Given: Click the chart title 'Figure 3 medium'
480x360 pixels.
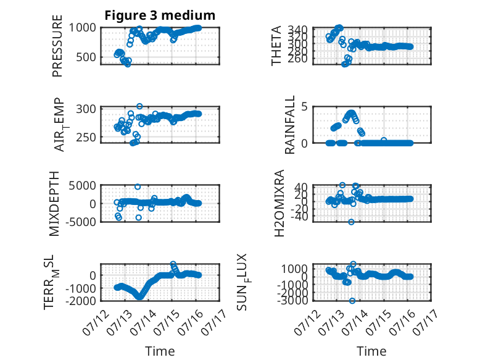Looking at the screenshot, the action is [160, 15].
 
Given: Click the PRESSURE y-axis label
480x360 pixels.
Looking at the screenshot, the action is [57, 46].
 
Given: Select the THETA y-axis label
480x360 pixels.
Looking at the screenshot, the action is [276, 46].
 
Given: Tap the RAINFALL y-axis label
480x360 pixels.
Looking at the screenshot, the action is [290, 125].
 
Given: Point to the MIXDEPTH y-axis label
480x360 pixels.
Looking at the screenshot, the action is [54, 204].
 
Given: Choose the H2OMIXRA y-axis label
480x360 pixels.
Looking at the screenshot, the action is [279, 203].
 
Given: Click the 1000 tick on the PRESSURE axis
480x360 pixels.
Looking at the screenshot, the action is [82, 28].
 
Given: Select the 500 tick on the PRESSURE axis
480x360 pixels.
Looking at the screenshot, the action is [86, 57].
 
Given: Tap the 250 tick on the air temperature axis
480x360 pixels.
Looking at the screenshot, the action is [86, 138].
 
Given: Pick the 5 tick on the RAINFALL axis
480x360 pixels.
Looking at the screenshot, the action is [305, 107].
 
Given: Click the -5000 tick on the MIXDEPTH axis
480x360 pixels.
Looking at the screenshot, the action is [81, 222].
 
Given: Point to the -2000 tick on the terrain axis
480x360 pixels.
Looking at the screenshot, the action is [81, 301].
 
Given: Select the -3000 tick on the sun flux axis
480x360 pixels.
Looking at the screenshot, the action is [292, 301].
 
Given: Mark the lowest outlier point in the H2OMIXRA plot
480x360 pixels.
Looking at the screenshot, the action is [351, 222].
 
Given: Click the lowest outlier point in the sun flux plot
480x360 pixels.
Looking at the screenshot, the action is [352, 301].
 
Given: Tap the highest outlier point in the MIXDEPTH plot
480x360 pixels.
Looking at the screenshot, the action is [138, 186].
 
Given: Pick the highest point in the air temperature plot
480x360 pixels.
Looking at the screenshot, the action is [139, 106].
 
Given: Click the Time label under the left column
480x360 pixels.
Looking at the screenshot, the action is [160, 351].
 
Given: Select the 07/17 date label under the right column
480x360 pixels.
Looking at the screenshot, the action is [426, 322].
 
